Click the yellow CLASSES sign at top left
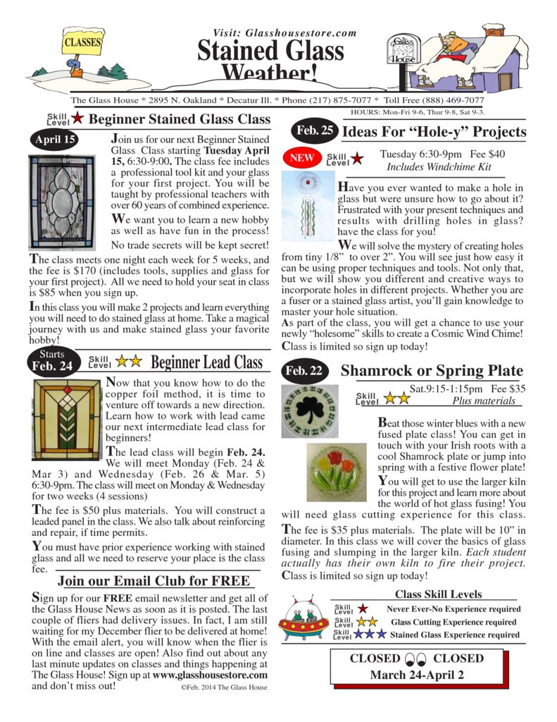point(82,43)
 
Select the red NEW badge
point(301,158)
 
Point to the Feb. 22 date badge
point(305,372)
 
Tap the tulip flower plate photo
point(337,472)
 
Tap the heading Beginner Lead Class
point(206,362)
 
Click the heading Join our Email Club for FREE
point(154,581)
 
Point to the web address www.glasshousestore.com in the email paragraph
point(211,674)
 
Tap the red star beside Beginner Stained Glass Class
point(77,118)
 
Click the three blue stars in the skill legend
point(370,635)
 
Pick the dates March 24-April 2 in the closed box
point(418,675)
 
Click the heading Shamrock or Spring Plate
point(431,371)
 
